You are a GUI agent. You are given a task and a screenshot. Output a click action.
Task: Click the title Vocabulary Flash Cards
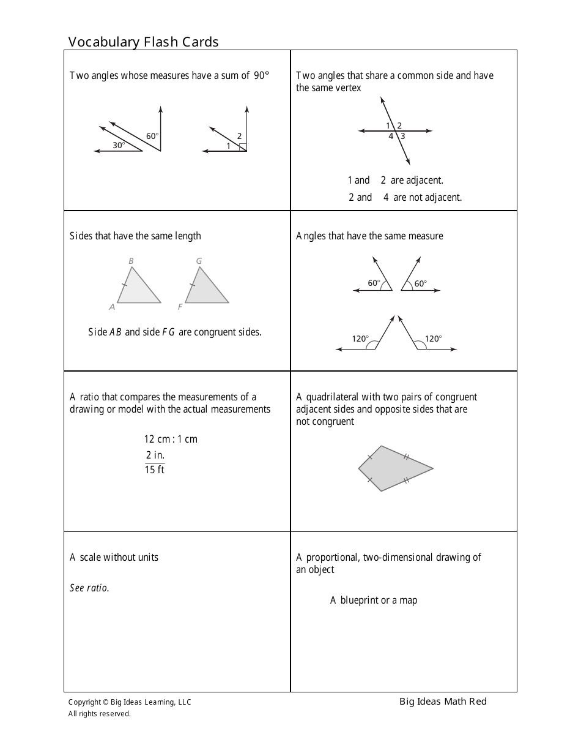click(x=143, y=42)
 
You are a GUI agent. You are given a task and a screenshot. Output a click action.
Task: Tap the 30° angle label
click(x=119, y=145)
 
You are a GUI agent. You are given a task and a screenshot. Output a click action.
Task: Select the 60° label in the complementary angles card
click(x=152, y=136)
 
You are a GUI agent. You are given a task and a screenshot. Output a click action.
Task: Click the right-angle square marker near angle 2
click(x=243, y=147)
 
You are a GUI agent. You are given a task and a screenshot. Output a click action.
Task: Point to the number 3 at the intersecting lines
click(x=403, y=137)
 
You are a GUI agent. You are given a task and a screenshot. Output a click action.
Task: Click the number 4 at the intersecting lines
click(x=391, y=137)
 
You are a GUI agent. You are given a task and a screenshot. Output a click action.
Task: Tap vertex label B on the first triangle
click(x=131, y=261)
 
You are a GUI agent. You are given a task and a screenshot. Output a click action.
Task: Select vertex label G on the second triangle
click(x=199, y=261)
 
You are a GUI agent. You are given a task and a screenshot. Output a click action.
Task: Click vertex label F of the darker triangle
click(x=180, y=307)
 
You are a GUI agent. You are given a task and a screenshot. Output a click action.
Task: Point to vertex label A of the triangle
click(x=112, y=307)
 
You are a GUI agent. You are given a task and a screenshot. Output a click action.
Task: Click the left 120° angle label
click(x=360, y=338)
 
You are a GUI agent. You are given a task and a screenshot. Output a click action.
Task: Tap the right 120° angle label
click(x=433, y=338)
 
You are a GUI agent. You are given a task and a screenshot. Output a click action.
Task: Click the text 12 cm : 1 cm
click(x=171, y=439)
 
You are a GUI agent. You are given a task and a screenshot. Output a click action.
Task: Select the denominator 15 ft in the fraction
click(x=154, y=470)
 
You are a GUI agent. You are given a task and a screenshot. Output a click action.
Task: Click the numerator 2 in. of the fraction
click(x=155, y=455)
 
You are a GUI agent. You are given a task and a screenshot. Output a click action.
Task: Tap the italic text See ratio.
click(x=89, y=588)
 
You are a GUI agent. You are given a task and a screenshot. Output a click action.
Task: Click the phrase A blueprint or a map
click(x=374, y=600)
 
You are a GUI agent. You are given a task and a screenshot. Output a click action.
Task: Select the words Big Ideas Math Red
click(x=443, y=702)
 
